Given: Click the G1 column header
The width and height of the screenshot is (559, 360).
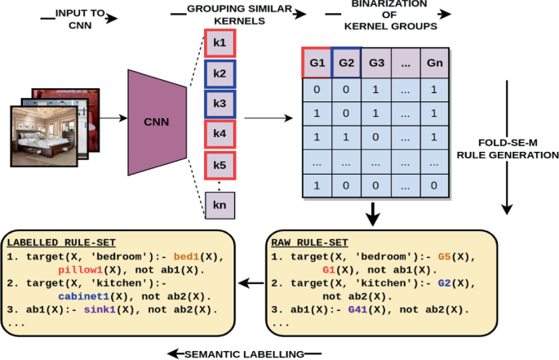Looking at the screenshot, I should pyautogui.click(x=316, y=62).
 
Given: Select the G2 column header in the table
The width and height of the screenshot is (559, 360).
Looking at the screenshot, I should pyautogui.click(x=345, y=62).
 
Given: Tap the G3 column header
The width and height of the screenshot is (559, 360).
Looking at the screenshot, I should pyautogui.click(x=376, y=62).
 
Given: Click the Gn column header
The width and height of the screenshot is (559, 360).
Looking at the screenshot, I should pyautogui.click(x=433, y=62).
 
